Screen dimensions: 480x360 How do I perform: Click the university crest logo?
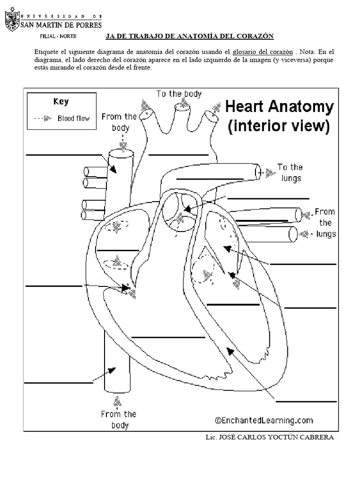click(x=12, y=21)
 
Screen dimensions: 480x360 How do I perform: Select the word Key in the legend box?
click(x=61, y=102)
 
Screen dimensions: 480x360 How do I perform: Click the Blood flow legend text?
click(x=73, y=118)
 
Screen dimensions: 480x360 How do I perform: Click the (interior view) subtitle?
click(x=279, y=126)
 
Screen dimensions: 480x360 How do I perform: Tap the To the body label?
click(x=179, y=94)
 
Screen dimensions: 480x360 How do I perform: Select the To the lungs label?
click(x=290, y=172)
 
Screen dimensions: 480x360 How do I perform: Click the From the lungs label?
click(x=324, y=223)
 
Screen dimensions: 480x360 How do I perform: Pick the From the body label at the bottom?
click(x=118, y=419)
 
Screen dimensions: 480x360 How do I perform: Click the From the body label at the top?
click(x=119, y=122)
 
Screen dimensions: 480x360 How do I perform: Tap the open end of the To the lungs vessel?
click(x=258, y=172)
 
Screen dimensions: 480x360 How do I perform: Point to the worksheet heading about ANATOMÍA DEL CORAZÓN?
click(x=187, y=36)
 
